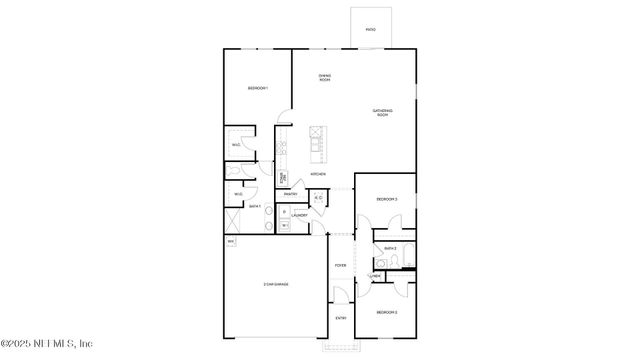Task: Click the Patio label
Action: point(370,30)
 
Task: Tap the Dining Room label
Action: point(325,77)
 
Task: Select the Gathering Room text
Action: point(382,112)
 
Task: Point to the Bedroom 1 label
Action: point(258,89)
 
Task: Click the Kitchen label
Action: point(317,174)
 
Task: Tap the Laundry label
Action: point(299,215)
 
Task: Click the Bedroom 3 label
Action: point(387,199)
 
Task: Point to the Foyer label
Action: point(340,266)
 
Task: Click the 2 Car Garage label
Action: point(276,285)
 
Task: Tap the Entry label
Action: point(340,318)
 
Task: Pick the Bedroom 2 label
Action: point(387,312)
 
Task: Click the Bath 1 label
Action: point(255,206)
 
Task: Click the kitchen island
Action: point(317,144)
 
